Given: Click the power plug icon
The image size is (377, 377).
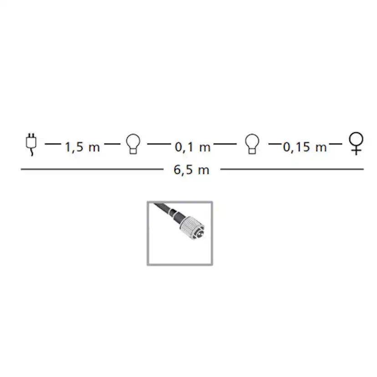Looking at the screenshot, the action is pos(31,144).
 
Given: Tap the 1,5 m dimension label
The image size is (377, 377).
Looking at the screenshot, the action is pos(82,147).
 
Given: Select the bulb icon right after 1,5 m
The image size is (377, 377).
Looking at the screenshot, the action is pos(133,144).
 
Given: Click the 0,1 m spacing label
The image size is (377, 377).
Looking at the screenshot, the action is pos(193,147).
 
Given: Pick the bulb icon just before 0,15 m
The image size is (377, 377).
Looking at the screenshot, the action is pos(252,144).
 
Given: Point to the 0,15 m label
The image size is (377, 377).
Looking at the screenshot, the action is pos(305,147).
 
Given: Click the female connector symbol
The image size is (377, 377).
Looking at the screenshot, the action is pos(357,143).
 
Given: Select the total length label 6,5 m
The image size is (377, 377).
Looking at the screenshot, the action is pos(191,170).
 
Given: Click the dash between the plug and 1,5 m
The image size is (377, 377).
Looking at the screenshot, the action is pos(53,144).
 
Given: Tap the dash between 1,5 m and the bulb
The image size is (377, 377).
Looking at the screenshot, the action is pos(112,144).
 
